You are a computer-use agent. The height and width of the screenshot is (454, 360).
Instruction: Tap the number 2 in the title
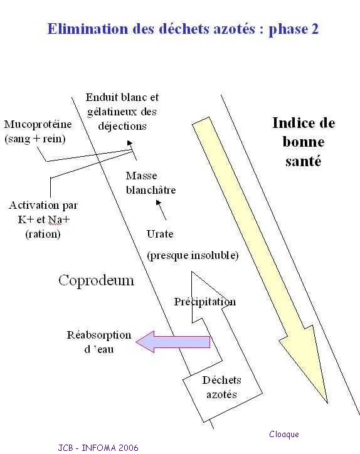[x=315, y=29]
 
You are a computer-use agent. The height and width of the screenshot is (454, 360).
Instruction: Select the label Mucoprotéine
[x=38, y=125]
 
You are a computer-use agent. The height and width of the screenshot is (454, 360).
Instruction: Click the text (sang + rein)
[x=35, y=139]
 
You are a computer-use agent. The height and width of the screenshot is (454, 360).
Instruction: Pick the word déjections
[x=122, y=126]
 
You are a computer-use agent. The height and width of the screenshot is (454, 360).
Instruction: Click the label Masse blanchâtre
[x=151, y=182]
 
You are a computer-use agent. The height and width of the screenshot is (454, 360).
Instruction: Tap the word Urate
[x=160, y=234]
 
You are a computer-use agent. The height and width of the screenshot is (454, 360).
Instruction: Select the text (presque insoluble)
[x=193, y=255]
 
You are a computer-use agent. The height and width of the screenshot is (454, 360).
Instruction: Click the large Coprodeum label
[x=97, y=280]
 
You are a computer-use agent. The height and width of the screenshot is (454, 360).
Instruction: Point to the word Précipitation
[x=204, y=302]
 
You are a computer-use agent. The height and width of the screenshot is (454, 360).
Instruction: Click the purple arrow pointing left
[x=173, y=342]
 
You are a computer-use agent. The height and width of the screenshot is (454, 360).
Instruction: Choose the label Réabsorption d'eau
[x=99, y=342]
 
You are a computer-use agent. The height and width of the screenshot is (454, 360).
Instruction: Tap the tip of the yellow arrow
[x=327, y=403]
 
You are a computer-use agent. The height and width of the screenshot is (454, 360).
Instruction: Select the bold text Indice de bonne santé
[x=304, y=142]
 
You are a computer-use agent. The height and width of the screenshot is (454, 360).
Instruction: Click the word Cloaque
[x=284, y=434]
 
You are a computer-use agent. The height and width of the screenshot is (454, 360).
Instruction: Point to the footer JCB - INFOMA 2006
[x=98, y=447]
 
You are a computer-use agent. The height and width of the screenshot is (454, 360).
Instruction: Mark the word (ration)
[x=43, y=234]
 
